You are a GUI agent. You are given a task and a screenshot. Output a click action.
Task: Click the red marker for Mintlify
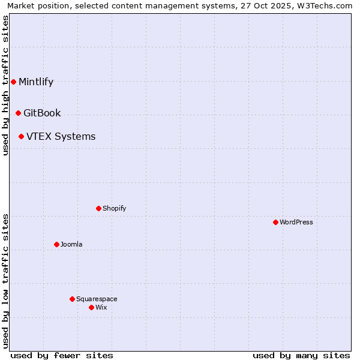(13, 82)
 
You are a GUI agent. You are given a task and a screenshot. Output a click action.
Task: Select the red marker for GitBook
(18, 113)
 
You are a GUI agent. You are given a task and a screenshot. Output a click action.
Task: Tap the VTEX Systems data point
(21, 136)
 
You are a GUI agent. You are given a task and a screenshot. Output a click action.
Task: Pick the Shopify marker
(98, 208)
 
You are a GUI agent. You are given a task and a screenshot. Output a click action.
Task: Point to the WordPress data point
(275, 222)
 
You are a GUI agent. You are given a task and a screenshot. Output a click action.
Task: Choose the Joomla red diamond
(56, 244)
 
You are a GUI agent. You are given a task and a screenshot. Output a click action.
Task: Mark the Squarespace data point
(72, 299)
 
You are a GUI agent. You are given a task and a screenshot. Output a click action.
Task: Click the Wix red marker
(91, 307)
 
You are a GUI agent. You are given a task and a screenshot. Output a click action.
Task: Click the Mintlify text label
(36, 82)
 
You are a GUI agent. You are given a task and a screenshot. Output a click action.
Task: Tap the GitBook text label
(42, 113)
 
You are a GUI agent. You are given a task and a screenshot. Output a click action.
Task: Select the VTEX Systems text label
(61, 137)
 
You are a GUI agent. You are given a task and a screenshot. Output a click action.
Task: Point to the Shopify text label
(114, 209)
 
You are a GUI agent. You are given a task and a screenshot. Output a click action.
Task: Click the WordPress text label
(296, 223)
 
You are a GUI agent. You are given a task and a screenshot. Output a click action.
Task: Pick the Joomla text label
(71, 245)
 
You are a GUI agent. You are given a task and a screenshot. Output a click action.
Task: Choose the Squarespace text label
(97, 299)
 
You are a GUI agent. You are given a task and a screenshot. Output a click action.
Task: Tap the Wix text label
(101, 308)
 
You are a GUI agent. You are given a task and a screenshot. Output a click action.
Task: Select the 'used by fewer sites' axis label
(62, 355)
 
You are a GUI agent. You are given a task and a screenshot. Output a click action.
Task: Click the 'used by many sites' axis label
(301, 355)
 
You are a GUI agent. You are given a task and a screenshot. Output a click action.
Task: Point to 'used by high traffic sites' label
(5, 86)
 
